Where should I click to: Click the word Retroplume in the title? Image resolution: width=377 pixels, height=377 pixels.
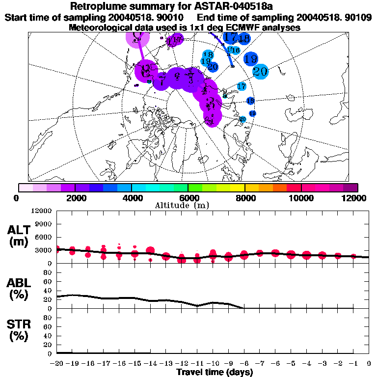coord(97,7)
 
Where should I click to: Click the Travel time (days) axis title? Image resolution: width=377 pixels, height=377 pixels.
coord(215,373)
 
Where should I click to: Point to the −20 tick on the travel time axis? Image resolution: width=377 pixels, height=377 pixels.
coord(57,363)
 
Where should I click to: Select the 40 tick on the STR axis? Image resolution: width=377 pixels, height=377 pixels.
coord(48,335)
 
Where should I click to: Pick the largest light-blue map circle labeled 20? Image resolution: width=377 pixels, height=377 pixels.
coord(260,71)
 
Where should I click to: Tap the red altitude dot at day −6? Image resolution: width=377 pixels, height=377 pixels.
coord(275,253)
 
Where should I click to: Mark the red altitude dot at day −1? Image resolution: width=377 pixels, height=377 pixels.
coord(353,256)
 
